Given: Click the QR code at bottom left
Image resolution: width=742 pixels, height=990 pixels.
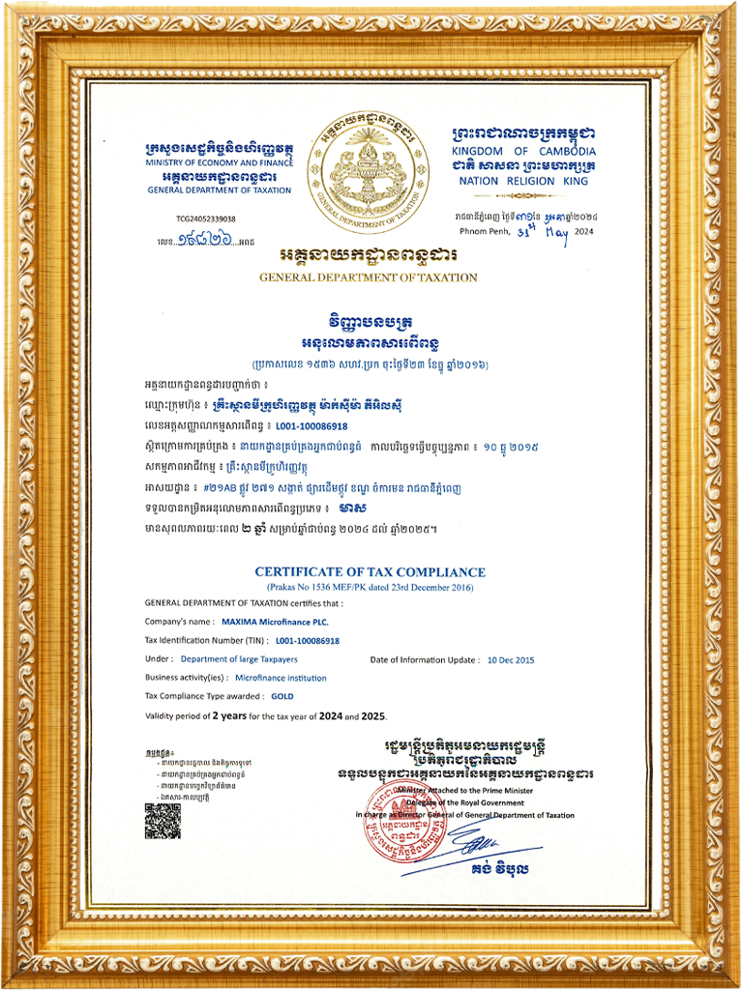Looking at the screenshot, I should (x=163, y=821).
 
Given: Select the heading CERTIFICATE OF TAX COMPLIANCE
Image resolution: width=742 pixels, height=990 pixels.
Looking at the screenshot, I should (x=371, y=572).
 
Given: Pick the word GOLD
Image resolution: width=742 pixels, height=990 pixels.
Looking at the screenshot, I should (x=282, y=696).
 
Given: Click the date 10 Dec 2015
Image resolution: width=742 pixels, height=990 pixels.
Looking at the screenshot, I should (x=512, y=659).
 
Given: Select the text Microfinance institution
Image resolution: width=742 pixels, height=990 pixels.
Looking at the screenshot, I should (x=281, y=678).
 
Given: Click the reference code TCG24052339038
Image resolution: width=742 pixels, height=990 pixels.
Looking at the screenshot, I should (x=206, y=218).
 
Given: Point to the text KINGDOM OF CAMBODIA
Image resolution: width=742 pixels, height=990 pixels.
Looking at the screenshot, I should (x=523, y=152).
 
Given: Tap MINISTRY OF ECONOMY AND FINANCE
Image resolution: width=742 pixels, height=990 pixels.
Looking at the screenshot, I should (x=220, y=163).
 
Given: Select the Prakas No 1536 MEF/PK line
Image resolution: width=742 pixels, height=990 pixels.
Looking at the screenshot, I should (x=371, y=588).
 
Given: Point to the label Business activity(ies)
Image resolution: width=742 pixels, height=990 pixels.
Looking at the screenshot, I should (x=187, y=678).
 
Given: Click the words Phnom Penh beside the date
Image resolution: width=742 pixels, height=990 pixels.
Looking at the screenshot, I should (x=484, y=232).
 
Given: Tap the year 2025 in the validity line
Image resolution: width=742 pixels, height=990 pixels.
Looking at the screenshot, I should (x=371, y=715).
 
